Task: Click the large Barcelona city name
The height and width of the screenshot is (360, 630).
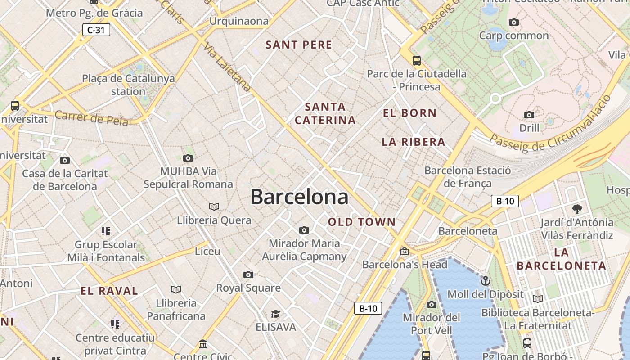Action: click(x=299, y=197)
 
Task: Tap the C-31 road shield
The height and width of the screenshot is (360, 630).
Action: click(x=96, y=30)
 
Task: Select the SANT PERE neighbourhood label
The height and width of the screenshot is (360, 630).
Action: click(x=299, y=45)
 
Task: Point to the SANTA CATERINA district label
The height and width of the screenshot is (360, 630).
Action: click(x=325, y=113)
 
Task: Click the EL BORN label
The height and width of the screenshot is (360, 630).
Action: click(x=409, y=113)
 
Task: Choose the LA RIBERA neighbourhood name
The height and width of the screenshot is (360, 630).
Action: click(x=413, y=142)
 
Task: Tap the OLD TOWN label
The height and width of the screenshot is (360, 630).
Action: click(x=362, y=222)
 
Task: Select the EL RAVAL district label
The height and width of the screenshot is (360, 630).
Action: click(x=109, y=291)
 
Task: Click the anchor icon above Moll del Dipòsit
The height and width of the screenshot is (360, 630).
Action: click(x=485, y=281)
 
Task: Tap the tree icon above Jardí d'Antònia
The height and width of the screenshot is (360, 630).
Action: click(x=577, y=209)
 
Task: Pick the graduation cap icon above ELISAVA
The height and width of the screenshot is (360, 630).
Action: click(x=275, y=314)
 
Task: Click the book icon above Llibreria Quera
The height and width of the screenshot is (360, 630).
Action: click(x=214, y=207)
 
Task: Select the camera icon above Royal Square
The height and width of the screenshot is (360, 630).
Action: click(x=248, y=274)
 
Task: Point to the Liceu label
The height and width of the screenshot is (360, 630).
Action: click(x=207, y=251)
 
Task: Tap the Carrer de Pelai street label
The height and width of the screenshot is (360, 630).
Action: click(x=93, y=118)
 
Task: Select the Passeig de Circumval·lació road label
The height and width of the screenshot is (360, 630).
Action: click(x=551, y=130)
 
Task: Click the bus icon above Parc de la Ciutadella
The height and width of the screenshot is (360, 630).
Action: click(x=417, y=60)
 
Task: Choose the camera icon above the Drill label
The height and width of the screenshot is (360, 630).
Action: click(x=529, y=115)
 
